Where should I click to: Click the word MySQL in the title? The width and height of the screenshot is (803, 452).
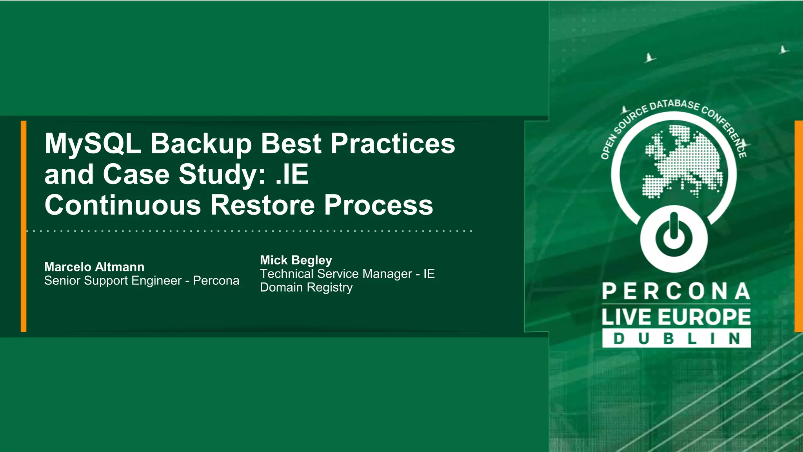pos(93,144)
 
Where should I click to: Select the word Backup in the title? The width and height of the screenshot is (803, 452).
pos(201,144)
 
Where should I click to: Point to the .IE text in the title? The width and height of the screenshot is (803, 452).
pos(292,174)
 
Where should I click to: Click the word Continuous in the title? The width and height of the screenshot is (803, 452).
pos(122,205)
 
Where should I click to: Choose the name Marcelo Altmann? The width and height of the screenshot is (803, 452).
pos(94,267)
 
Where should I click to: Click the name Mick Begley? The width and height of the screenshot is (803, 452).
pos(296,260)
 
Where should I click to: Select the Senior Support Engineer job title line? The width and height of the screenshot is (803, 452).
pos(142,281)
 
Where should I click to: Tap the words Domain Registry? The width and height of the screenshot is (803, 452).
pos(306,288)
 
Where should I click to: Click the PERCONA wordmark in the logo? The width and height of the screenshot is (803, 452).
pos(676,292)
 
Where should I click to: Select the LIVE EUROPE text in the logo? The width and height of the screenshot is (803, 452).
pos(676,317)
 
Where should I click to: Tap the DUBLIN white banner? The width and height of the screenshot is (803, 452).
pos(676,338)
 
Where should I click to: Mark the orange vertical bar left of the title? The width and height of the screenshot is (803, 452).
pos(24,226)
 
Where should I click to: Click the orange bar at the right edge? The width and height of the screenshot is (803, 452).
pos(799,226)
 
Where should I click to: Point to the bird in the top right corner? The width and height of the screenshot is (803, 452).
pos(783,50)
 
